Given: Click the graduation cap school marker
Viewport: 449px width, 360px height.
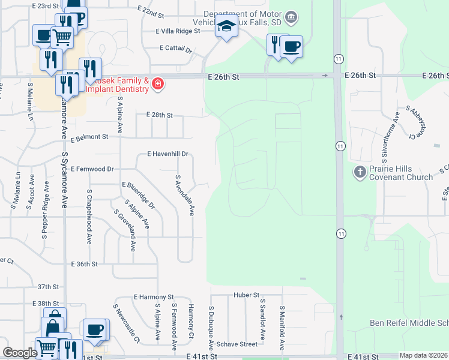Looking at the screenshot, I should [x=226, y=27].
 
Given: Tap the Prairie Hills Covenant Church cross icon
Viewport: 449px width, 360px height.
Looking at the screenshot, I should [x=360, y=173].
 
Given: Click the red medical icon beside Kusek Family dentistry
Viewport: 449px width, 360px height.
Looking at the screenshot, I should [x=157, y=83].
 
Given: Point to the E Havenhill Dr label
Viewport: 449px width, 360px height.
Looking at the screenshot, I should [x=168, y=154].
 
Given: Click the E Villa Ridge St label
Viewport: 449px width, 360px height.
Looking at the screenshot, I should [x=177, y=31].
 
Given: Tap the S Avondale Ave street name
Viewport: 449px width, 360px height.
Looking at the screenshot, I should [x=185, y=196].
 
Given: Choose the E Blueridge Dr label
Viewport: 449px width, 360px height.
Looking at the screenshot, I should [x=139, y=196].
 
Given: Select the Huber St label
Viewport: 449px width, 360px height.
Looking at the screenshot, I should [x=247, y=295].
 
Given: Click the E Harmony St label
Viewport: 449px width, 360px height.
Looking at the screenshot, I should [x=154, y=297].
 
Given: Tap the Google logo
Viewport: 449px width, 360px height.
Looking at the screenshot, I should [x=19, y=353].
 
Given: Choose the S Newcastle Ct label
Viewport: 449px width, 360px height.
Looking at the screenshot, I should [x=126, y=324].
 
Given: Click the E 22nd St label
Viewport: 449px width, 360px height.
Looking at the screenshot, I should [x=150, y=12].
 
